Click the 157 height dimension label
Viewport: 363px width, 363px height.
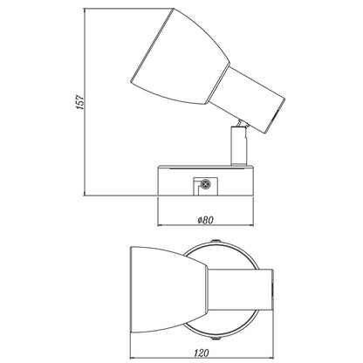point(80,102)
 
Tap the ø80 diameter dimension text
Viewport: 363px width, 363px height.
point(205,220)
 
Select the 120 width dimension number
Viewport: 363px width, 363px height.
point(202,353)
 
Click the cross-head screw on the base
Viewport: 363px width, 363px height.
point(206,184)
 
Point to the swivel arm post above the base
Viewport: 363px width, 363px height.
point(239,146)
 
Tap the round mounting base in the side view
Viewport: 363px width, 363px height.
point(205,181)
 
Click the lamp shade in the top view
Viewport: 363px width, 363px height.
point(168,290)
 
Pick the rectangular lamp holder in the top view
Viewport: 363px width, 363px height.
point(240,290)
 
